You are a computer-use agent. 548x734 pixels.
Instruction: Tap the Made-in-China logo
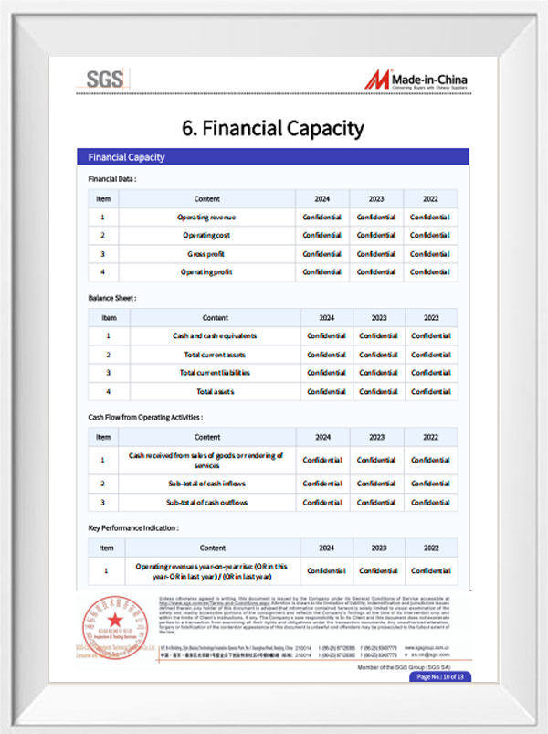[x=417, y=80]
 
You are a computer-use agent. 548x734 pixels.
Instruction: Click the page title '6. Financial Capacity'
[x=273, y=128]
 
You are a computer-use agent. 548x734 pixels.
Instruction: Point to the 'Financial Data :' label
[x=112, y=178]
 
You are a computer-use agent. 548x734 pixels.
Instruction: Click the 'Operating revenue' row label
[x=206, y=218]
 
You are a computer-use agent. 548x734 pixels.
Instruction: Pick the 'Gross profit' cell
[x=206, y=254]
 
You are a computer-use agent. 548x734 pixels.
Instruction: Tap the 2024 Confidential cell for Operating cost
[x=322, y=236]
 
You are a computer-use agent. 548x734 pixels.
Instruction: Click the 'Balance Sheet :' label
[x=112, y=298]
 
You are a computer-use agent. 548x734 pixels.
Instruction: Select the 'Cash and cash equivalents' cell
[x=215, y=336]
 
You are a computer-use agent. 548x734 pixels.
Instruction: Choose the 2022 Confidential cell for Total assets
[x=430, y=391]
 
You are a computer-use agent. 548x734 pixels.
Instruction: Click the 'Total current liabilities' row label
[x=215, y=373]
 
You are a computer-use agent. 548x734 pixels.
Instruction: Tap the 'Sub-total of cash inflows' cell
[x=206, y=483]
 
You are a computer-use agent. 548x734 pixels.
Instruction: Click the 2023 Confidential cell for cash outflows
[x=376, y=503]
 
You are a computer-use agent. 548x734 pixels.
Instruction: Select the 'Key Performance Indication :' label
[x=132, y=528]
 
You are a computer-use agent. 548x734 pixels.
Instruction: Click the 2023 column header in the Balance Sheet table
[x=377, y=318]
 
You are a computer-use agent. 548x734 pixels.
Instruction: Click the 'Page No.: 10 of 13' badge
[x=441, y=677]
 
